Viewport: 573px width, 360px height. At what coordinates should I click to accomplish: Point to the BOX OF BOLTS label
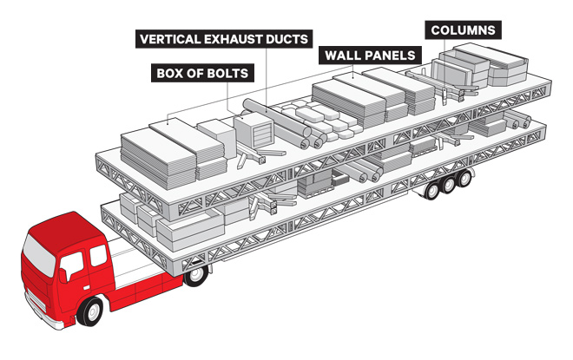tap(201, 73)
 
